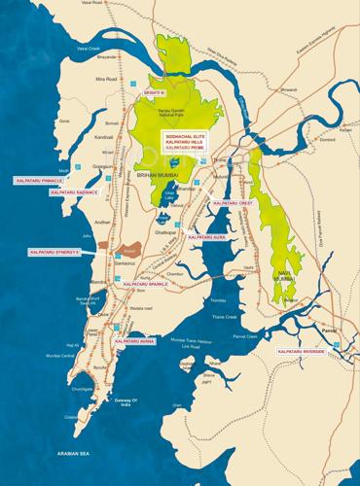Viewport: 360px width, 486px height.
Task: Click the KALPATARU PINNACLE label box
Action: [38, 181]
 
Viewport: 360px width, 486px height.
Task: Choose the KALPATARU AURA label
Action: [207, 237]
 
